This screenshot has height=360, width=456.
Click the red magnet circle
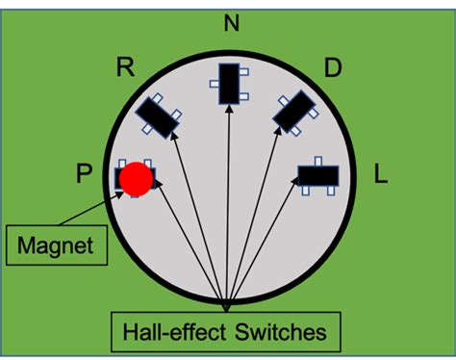[x=136, y=178]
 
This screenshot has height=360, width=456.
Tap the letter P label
[x=84, y=174]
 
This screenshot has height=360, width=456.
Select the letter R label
[x=124, y=67]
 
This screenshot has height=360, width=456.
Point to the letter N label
[x=231, y=21]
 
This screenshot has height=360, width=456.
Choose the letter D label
[x=333, y=67]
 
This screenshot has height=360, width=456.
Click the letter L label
[x=380, y=176]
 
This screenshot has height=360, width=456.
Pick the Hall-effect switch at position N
[x=229, y=84]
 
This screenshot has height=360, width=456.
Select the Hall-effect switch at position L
[x=318, y=175]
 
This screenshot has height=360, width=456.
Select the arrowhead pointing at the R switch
[x=174, y=136]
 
